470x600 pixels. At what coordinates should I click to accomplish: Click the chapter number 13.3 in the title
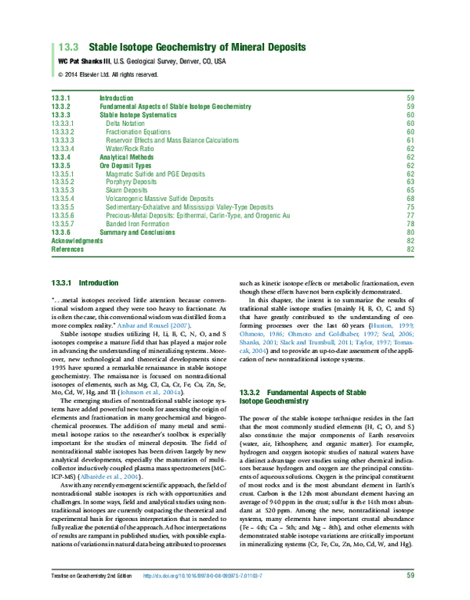point(67,47)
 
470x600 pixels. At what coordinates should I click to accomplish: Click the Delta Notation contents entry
point(127,123)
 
